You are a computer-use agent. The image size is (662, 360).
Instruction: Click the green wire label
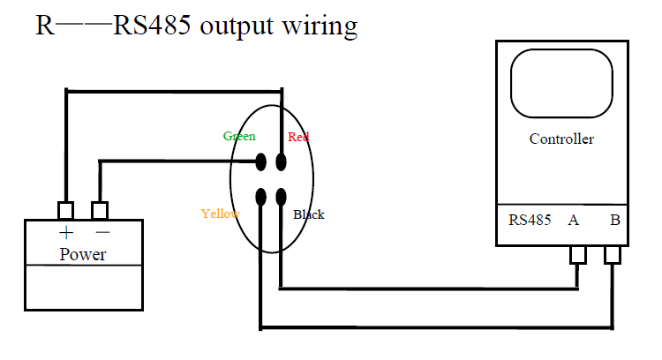coord(239,137)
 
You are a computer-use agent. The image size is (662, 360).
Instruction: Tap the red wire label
coord(298,137)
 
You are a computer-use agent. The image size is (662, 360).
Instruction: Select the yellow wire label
coord(221,214)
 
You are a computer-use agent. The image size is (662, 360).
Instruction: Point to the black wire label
coord(309,214)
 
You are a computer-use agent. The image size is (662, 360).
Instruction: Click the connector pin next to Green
coord(261,162)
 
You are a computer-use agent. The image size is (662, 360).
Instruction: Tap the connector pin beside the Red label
coord(282,162)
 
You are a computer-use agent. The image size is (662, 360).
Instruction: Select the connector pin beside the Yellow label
coord(261,197)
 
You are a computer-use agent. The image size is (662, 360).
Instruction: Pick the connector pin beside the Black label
coord(282,197)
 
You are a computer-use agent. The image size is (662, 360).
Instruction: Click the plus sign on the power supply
coord(66,233)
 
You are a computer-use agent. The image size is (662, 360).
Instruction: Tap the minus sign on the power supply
coord(102,232)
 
